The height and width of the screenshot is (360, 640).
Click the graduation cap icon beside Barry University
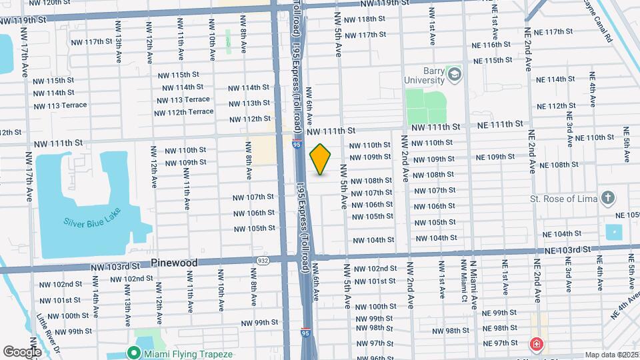[455, 73]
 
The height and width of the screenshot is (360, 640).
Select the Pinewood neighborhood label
[174, 263]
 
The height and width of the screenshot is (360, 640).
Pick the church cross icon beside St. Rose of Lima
[607, 197]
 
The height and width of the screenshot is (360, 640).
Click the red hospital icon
[536, 345]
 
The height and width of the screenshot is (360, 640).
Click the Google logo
[22, 351]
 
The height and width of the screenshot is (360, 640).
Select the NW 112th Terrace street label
[183, 112]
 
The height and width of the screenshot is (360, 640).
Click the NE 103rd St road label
[567, 249]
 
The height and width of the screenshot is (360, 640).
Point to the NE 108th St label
[559, 165]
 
